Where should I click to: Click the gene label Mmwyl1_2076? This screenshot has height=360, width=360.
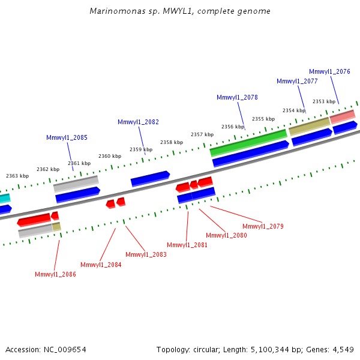point(329,71)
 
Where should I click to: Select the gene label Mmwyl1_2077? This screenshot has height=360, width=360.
point(297,81)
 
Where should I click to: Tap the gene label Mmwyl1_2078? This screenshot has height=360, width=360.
point(237,97)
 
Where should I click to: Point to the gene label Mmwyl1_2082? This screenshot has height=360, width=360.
point(138,122)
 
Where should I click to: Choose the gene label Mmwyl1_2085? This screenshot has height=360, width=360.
point(67,137)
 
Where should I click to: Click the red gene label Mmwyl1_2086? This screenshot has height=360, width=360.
point(55,274)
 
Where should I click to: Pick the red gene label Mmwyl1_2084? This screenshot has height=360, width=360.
point(101,265)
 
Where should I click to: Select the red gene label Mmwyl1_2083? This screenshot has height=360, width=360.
point(146,254)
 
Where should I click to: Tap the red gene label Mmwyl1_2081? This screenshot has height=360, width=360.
point(187,245)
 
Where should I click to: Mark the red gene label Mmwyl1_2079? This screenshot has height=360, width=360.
point(263,226)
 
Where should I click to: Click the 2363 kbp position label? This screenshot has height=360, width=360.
point(17,176)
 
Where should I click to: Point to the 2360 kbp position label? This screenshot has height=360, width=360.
point(110,156)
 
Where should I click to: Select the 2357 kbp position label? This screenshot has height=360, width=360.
point(202,134)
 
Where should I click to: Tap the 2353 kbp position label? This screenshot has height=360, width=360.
point(324,101)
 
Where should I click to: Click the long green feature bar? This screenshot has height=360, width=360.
point(248,142)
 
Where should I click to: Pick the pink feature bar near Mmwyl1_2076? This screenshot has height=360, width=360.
point(342,116)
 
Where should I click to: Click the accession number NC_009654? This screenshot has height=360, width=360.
point(69,349)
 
